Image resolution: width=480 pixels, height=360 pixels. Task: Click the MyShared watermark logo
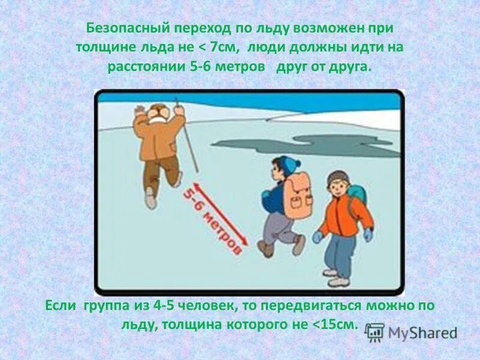pos(412,332)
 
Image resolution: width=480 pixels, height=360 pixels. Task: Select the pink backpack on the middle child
pos(298,195)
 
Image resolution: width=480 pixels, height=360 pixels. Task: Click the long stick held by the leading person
pos(187,135)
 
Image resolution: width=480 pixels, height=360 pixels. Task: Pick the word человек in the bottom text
pos(209,307)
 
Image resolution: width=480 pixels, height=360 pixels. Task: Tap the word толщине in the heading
pos(104,47)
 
